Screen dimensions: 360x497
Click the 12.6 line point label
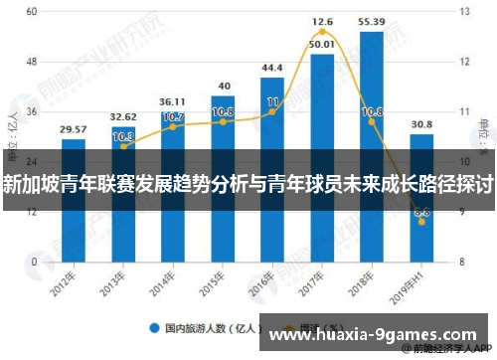point(322,21)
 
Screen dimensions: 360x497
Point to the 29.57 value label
point(73,129)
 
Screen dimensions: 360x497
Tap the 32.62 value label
point(123,116)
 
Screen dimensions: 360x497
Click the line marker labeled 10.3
point(123,146)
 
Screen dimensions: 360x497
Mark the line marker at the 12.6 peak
point(322,33)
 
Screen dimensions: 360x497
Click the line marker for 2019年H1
point(421,222)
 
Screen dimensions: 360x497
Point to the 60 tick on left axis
point(32,11)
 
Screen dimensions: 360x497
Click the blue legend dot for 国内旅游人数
point(155,327)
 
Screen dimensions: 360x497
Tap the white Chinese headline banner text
point(248,184)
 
